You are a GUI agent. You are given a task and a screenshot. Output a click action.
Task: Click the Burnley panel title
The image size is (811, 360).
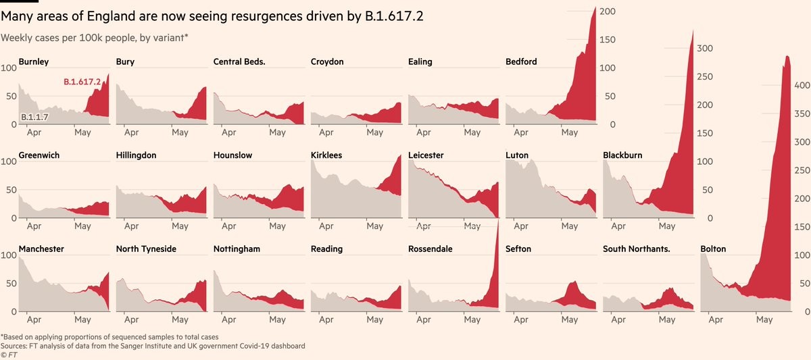[34, 61]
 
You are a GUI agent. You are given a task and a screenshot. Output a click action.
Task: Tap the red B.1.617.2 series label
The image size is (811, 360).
[82, 82]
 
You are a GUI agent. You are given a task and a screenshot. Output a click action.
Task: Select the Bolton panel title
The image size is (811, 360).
[714, 249]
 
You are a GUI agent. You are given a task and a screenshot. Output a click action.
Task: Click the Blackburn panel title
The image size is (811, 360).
[622, 155]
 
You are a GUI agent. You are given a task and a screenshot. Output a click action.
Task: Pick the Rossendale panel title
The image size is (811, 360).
[431, 249]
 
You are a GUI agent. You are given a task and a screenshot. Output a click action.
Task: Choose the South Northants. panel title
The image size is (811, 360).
[636, 249]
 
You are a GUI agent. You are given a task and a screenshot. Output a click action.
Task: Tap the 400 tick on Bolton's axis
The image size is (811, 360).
[802, 86]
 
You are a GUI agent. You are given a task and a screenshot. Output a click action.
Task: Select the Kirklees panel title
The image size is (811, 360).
[326, 155]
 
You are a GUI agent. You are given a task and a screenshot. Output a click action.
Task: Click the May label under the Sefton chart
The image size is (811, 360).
[569, 320]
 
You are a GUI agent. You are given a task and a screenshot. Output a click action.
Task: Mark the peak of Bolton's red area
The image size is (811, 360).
[786, 57]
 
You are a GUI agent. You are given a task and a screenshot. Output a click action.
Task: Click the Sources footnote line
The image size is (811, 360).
[153, 346]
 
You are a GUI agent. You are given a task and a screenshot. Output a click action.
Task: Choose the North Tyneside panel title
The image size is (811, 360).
[146, 249]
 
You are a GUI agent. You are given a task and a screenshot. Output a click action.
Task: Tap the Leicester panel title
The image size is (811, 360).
[426, 155]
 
